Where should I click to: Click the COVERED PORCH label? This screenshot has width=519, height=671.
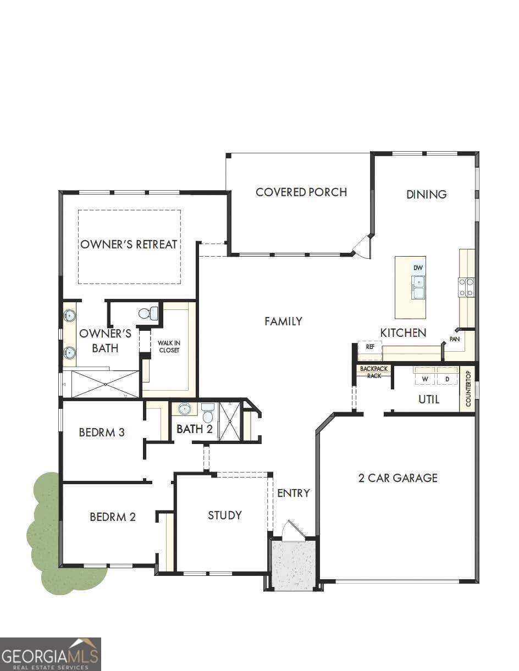(301, 192)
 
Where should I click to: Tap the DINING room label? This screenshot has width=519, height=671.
(426, 194)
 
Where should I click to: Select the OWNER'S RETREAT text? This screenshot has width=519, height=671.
(129, 245)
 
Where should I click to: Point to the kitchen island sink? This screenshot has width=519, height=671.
(418, 287)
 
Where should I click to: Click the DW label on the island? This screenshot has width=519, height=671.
(418, 268)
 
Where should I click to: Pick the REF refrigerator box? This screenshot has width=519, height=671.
(370, 347)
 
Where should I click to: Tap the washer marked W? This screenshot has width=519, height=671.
(425, 379)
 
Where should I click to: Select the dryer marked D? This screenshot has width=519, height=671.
(447, 379)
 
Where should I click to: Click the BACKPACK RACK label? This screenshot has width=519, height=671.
(374, 372)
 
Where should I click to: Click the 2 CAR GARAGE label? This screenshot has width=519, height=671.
(398, 478)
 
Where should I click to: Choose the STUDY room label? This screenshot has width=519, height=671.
(224, 515)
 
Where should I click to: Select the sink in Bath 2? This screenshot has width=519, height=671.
(184, 409)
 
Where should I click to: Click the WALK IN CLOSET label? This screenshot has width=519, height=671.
(169, 347)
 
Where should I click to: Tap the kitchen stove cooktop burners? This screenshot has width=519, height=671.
(466, 287)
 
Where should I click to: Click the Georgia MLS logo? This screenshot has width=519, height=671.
(51, 655)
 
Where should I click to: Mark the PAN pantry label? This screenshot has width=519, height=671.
(455, 339)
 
